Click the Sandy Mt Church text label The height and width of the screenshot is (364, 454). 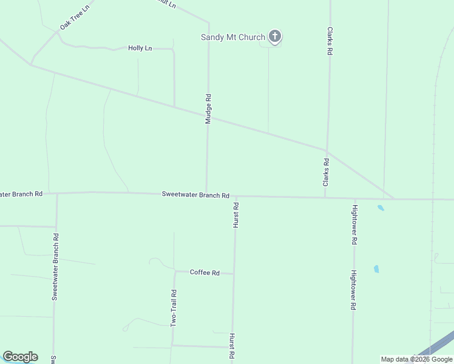coord(233,38)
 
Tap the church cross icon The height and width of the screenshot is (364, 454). coord(275,37)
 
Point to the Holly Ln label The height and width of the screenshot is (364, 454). coord(140,48)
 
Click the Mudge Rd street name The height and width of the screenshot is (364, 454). coord(208,109)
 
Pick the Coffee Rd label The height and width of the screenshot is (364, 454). coord(205,272)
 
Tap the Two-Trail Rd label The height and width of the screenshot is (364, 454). coord(174,309)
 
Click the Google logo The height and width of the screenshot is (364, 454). coord(20,357)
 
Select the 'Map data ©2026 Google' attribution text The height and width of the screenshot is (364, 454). coord(416,360)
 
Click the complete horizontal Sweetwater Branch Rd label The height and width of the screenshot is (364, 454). coord(195,195)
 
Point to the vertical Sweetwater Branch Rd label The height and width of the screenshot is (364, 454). coord(55,267)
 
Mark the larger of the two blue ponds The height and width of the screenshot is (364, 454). coord(376,269)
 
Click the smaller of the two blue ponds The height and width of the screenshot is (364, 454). coord(381,207)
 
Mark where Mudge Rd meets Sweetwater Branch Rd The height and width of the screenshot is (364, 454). coord(206,194)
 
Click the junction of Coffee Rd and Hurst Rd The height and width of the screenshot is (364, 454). coord(234,274)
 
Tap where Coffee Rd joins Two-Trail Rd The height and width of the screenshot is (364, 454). coord(175,271)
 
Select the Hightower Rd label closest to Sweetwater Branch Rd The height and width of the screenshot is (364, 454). coord(354,224)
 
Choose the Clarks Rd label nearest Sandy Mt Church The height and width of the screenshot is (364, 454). coord(330,41)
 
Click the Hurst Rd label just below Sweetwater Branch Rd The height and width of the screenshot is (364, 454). coord(235,215)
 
